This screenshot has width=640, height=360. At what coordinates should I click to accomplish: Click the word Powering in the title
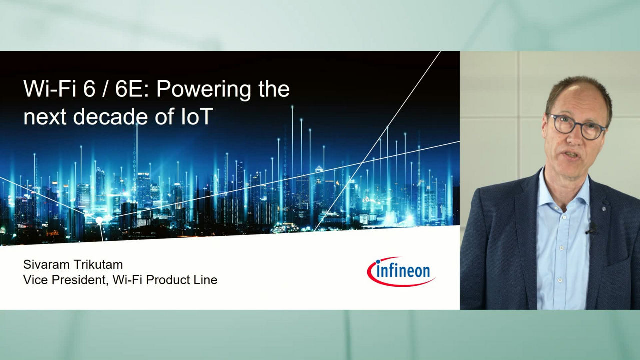[x=204, y=89]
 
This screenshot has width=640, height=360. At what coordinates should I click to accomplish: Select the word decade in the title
[x=111, y=116]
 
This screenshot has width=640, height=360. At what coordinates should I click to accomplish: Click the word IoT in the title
[x=197, y=116]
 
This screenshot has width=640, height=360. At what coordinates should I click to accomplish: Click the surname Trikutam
[x=97, y=265]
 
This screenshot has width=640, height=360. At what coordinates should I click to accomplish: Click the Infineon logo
[x=401, y=271]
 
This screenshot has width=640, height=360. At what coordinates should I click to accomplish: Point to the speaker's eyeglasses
[x=577, y=126]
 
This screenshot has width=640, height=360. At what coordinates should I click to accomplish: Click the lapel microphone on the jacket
[x=592, y=229]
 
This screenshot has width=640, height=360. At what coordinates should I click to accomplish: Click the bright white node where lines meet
[x=99, y=220]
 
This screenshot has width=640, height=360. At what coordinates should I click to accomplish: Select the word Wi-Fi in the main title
[x=50, y=89]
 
